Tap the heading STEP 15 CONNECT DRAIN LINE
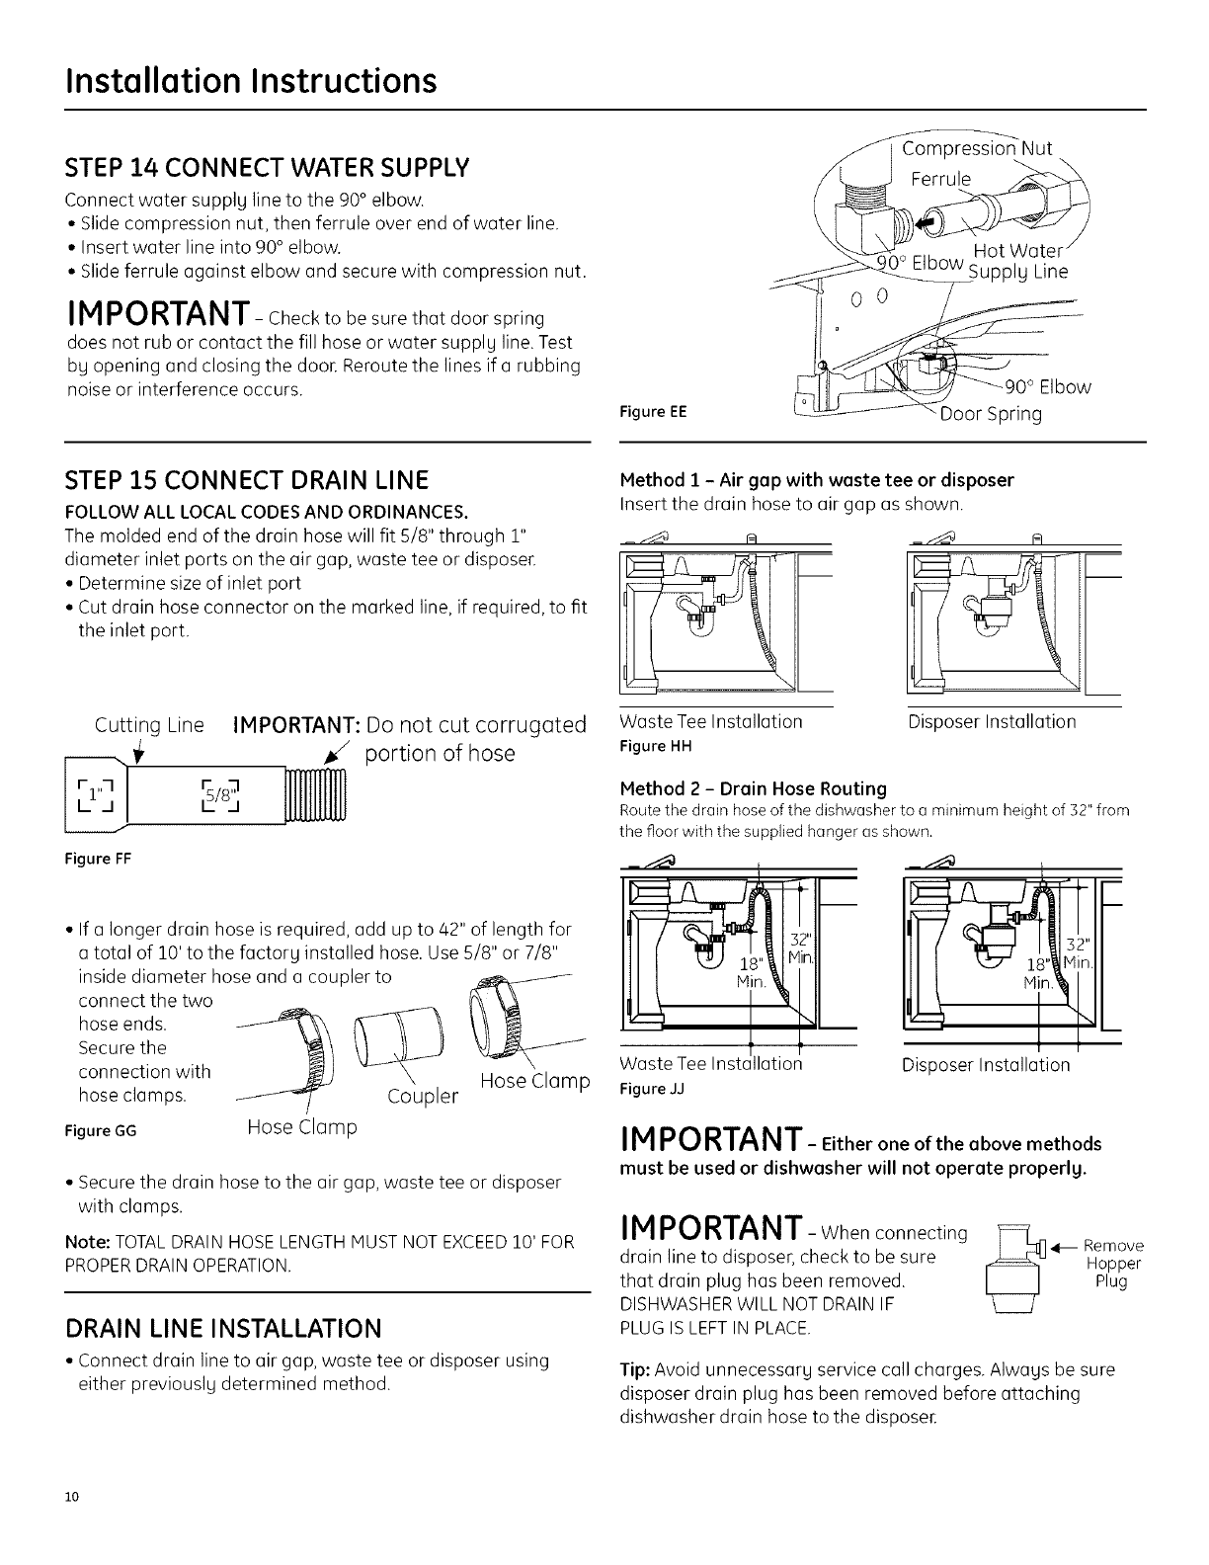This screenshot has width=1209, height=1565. point(246,480)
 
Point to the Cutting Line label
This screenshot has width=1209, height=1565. point(148,725)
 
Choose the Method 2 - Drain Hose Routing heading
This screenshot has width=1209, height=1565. point(753,788)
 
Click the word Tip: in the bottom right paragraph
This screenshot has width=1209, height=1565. point(633,1370)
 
